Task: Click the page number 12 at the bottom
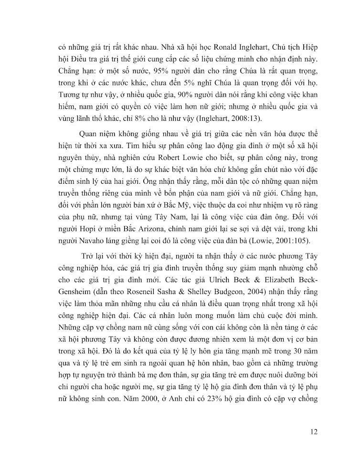tap(314, 433)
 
